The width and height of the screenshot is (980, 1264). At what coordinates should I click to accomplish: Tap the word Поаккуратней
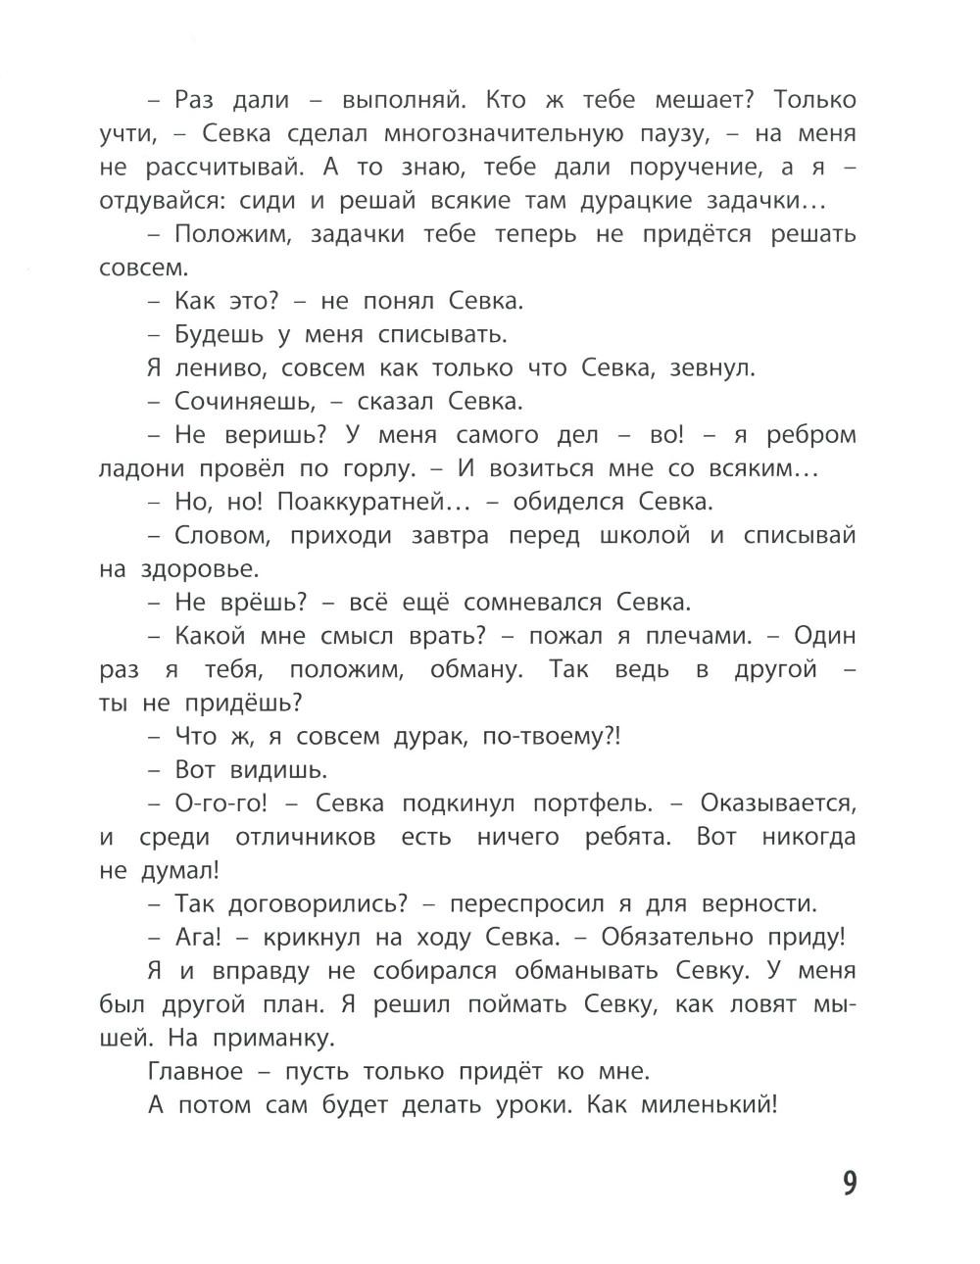point(369,502)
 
